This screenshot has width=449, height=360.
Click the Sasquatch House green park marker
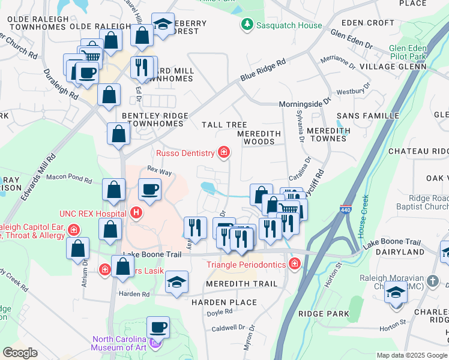(246, 25)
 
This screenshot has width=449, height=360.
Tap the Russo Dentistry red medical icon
(224, 153)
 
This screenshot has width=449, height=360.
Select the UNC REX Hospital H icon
(137, 212)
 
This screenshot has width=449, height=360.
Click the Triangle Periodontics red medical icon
(294, 264)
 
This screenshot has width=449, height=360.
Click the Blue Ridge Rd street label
(263, 69)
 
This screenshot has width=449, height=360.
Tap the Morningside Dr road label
(305, 104)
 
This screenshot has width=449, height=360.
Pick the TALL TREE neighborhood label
(224, 125)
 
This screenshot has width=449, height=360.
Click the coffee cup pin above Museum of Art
(158, 327)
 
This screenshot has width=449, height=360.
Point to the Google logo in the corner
(20, 353)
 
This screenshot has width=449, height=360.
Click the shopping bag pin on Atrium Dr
(78, 248)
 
